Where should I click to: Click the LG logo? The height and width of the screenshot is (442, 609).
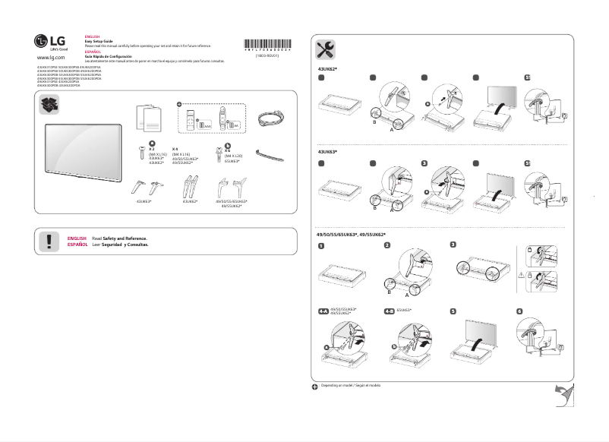point(48,42)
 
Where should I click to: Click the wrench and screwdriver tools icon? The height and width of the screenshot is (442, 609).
point(328,50)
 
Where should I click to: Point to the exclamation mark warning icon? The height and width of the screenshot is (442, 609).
point(49,242)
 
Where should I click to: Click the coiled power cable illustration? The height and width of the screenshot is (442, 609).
point(270,118)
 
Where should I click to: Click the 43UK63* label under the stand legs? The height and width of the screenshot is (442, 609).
point(144,201)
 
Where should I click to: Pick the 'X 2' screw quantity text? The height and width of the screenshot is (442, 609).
point(152,149)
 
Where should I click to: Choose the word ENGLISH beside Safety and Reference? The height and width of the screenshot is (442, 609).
point(77,238)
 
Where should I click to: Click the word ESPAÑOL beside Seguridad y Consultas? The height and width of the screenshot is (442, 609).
point(77,245)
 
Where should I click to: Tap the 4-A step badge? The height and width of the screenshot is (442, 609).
point(324,311)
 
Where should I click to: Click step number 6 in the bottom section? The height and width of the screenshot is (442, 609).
point(519,311)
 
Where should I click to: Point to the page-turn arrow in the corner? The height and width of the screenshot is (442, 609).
point(563,396)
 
